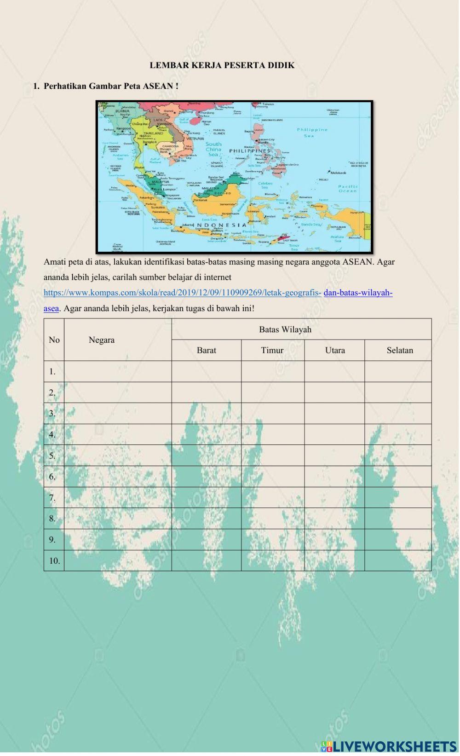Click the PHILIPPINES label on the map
(250, 150)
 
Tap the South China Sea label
(213, 149)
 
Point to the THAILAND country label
(153, 133)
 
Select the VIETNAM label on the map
(195, 139)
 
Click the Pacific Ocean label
(348, 189)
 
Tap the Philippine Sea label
(312, 133)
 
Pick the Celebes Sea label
(265, 185)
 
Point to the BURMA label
(122, 111)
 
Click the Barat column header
(206, 350)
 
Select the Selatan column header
(399, 350)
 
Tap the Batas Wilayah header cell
(285, 329)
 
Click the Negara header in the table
(101, 340)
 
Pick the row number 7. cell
(52, 497)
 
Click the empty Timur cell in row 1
(272, 371)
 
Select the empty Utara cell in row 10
(334, 560)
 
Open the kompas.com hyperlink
(182, 293)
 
